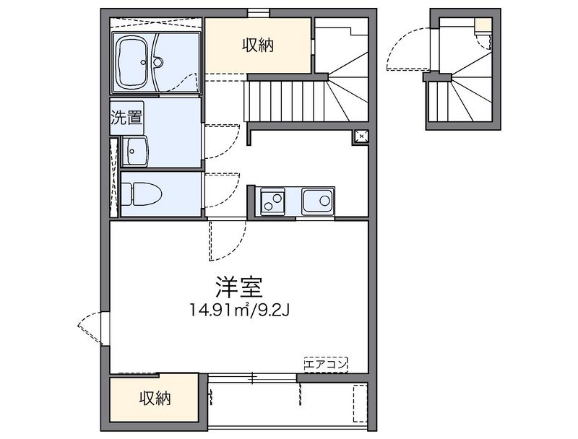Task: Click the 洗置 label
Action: pos(126,118)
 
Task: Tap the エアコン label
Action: pos(326,364)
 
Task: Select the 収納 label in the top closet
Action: pos(257,45)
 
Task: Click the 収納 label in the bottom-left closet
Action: pos(155,398)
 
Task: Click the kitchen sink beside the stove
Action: pos(318,200)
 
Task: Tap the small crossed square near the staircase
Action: pos(361,136)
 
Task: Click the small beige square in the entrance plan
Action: pos(483,27)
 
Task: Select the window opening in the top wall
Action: pos(258,12)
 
